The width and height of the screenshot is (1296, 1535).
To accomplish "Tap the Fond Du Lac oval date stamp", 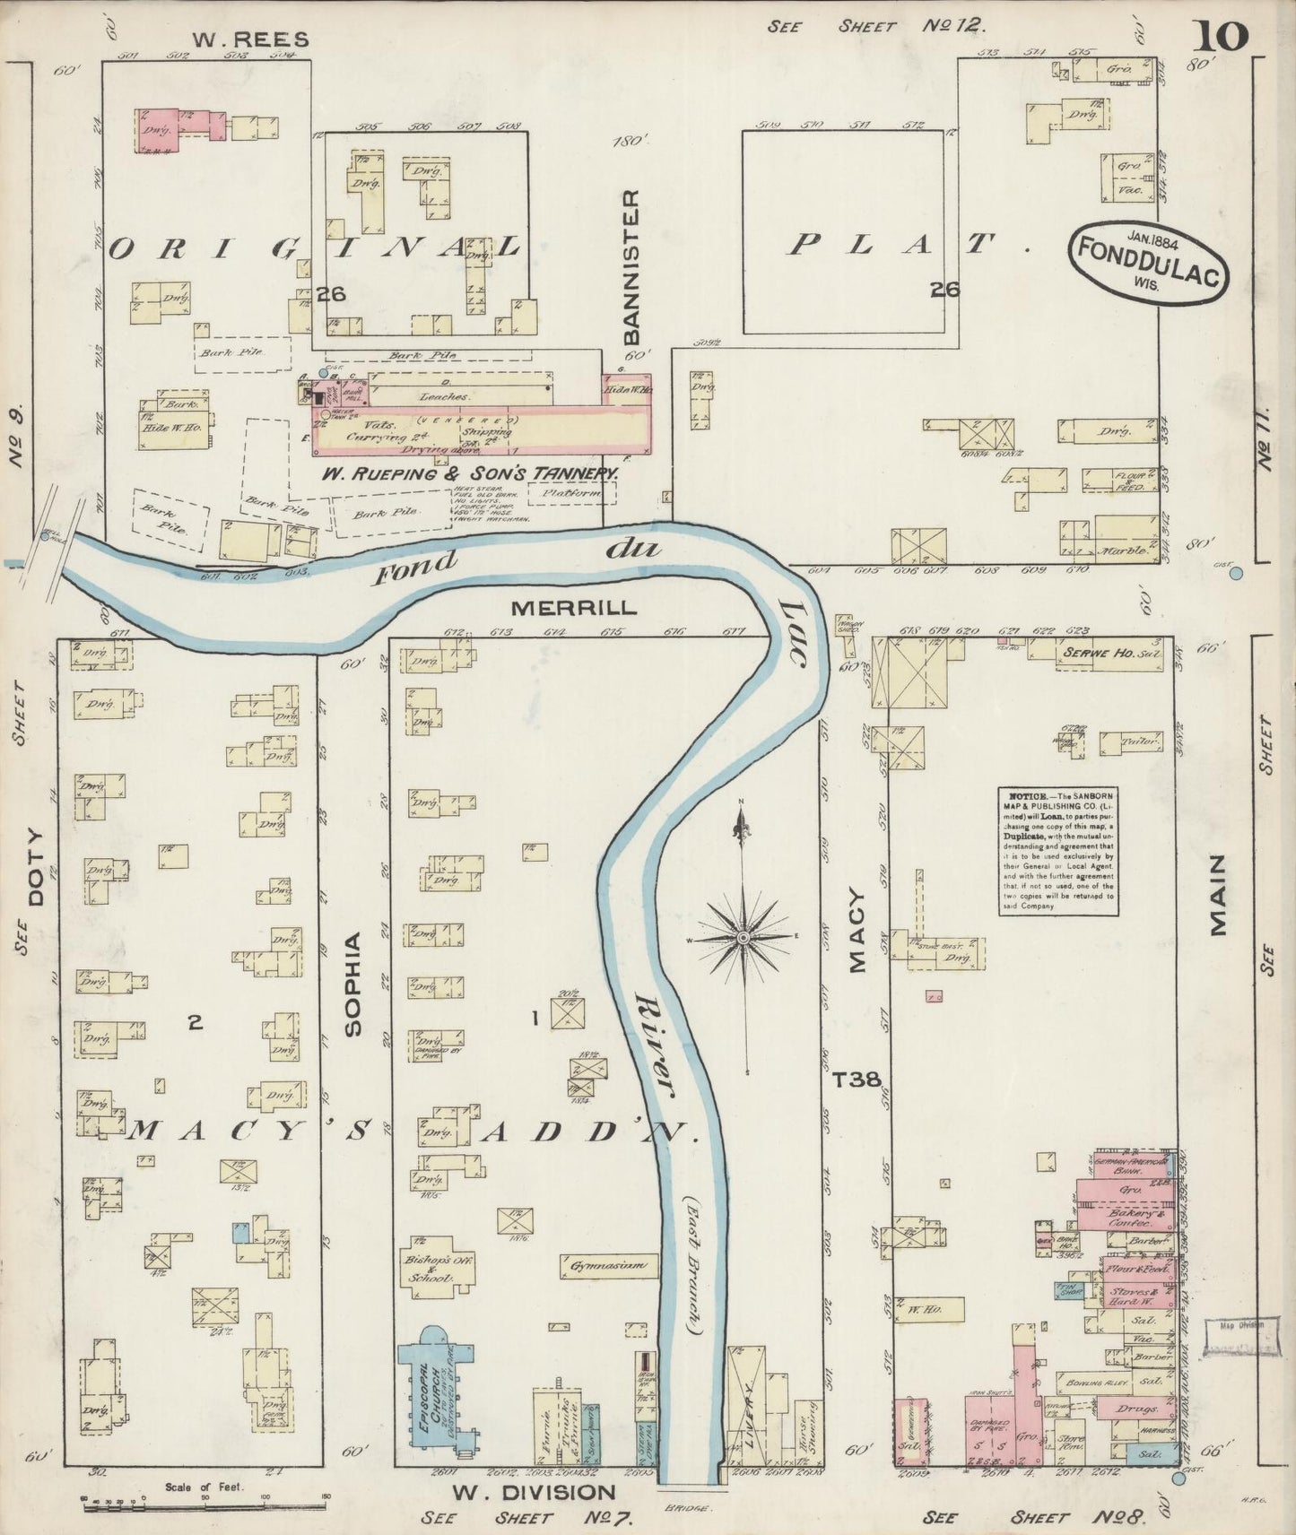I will point(1145,259).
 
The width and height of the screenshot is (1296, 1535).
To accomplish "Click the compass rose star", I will point(743,937).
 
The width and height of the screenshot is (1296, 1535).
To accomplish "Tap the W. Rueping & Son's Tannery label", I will point(472,473).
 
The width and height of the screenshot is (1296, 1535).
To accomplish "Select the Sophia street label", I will point(352,984).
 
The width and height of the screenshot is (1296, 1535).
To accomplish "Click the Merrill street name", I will point(574,607).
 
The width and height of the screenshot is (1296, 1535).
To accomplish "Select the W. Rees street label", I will point(251,39).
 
